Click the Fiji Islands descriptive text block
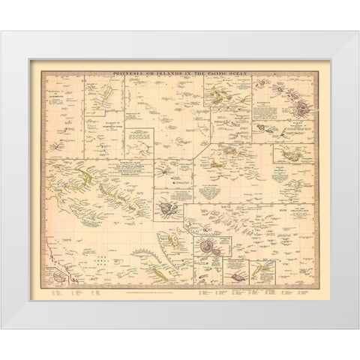tap(218, 191)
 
